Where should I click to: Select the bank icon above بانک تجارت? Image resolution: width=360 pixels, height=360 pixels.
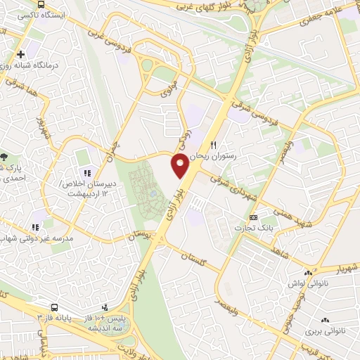click(254, 217)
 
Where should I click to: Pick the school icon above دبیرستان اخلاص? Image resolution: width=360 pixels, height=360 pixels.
click(87, 173)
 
